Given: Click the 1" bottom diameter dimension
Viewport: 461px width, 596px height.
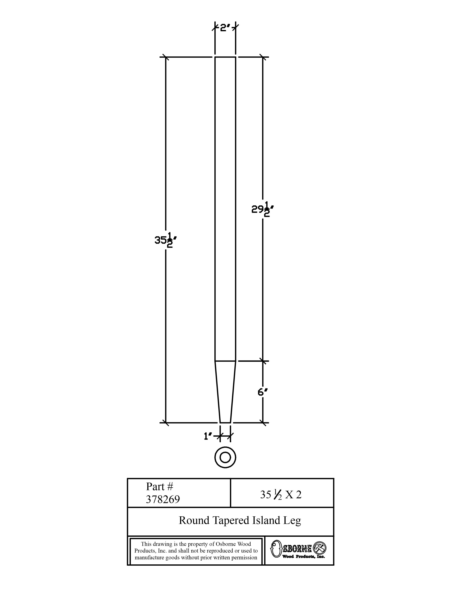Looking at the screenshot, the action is [x=208, y=437].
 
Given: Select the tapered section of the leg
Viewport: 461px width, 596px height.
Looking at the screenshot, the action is [x=225, y=392].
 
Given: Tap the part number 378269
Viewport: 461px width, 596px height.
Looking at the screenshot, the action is [x=163, y=499].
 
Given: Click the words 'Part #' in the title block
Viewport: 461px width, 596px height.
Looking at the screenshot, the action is [x=159, y=486].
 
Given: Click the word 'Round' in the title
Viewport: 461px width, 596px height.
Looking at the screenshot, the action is [x=194, y=520].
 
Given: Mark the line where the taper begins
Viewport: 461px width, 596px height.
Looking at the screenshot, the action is [x=225, y=361].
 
